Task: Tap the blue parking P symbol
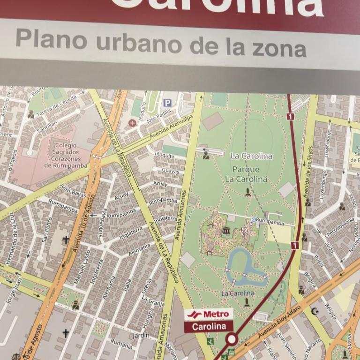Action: (x=167, y=103)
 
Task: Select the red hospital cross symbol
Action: (x=133, y=123)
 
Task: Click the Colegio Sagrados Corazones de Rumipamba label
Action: (x=66, y=155)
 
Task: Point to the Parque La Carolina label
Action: (x=246, y=174)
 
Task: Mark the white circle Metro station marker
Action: (x=231, y=338)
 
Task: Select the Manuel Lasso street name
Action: (x=82, y=266)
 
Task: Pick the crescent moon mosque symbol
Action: (x=315, y=311)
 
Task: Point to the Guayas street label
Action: (x=170, y=171)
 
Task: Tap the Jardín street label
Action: (x=141, y=335)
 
